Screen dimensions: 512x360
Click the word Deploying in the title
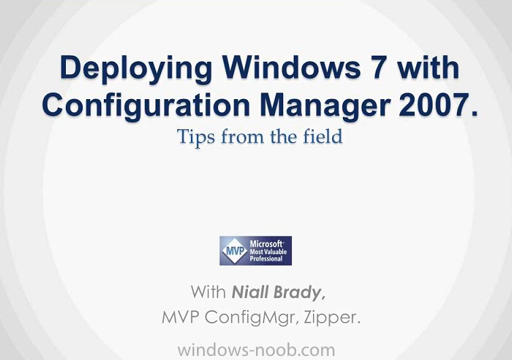coord(136,69)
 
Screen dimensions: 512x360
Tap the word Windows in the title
coord(291,67)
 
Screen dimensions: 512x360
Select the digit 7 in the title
coord(378,68)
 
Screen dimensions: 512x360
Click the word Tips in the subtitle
coord(196,137)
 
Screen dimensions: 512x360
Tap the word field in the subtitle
coord(323,137)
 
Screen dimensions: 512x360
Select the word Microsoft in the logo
coord(266,244)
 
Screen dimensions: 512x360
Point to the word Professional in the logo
coord(266,259)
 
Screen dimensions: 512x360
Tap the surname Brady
coord(299,293)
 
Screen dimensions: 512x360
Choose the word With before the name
coord(208,292)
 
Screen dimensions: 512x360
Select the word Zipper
coord(332,318)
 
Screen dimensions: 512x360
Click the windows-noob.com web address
coord(256,350)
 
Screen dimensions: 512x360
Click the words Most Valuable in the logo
coord(268,252)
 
